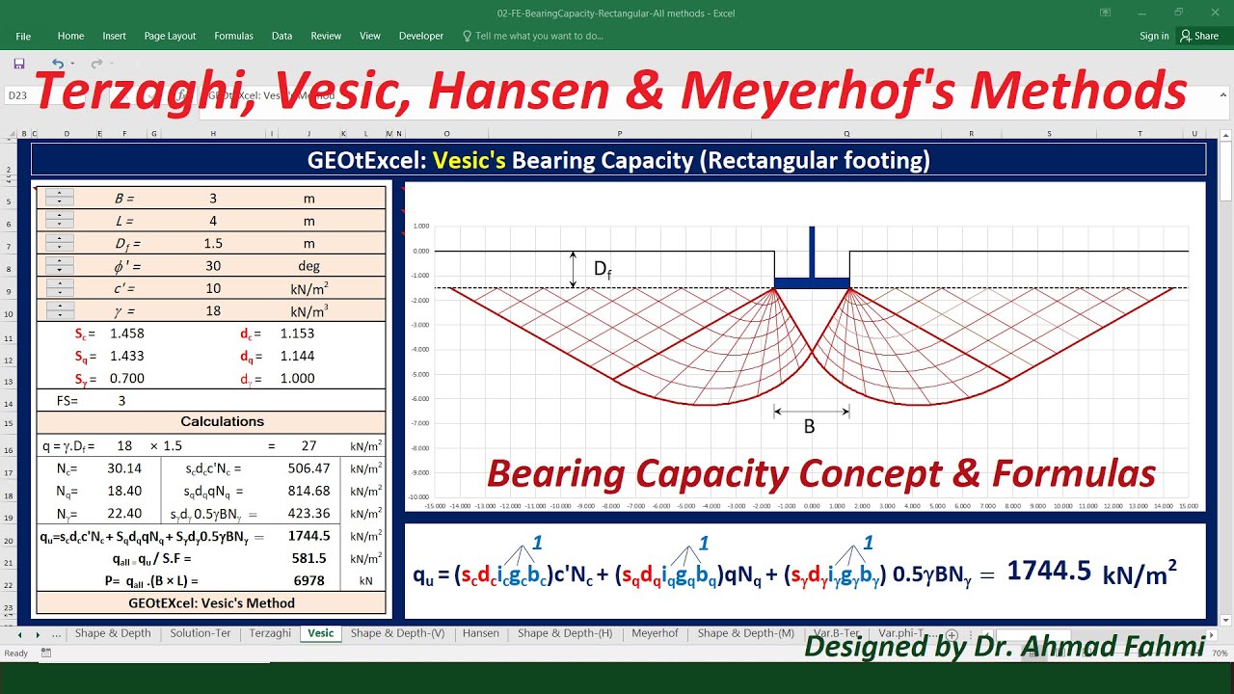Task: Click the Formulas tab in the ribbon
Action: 233,36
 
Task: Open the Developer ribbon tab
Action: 421,36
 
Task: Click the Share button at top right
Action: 1200,36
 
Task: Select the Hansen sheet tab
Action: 480,633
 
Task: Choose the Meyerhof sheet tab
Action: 655,633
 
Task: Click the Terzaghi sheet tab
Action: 270,633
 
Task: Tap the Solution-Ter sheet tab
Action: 201,633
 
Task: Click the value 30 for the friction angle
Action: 213,266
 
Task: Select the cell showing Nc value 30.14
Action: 124,468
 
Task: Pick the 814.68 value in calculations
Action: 308,492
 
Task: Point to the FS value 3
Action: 121,400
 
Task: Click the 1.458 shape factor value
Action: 126,334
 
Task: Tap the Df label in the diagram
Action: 602,270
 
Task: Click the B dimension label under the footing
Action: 810,427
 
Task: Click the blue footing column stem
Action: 812,252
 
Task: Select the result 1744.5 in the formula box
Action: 1049,572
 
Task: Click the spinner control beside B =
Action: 59,198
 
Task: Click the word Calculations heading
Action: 222,421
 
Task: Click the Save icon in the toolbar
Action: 19,64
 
